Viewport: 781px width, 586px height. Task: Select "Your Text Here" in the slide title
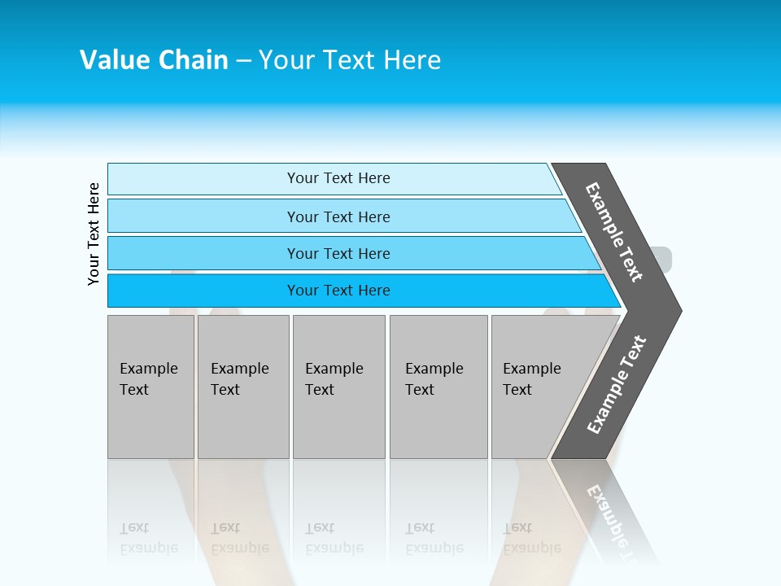350,60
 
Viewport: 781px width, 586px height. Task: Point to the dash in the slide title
243,61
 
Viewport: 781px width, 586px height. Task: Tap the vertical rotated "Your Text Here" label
94,234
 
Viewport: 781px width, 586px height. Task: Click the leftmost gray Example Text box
151,387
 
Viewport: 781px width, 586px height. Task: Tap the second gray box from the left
242,387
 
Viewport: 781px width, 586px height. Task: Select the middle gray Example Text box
338,387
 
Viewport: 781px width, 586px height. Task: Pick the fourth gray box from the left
438,387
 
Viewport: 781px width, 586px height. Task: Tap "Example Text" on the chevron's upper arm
614,232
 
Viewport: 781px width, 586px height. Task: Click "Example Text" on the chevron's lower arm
617,385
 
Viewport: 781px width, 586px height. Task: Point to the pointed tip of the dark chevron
679,310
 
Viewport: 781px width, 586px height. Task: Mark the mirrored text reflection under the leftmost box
149,538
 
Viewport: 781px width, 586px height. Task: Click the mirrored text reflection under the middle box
334,538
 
